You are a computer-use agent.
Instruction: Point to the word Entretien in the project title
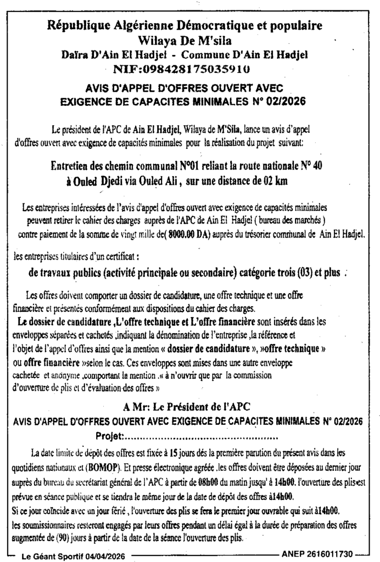pos(74,166)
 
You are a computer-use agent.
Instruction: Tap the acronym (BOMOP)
pos(104,469)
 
